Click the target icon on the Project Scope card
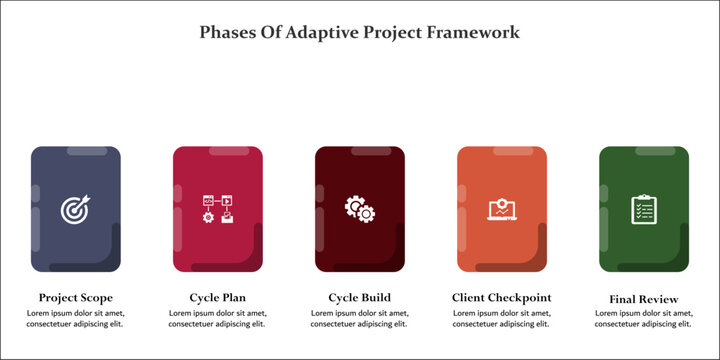(75, 209)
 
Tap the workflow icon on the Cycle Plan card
(218, 209)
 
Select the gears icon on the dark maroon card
(360, 209)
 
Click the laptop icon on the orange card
(502, 209)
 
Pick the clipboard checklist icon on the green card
(643, 209)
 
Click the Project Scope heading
(75, 297)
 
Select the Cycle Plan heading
(218, 297)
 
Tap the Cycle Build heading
(360, 297)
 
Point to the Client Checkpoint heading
(502, 297)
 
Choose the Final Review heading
(644, 299)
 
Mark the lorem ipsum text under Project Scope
(75, 318)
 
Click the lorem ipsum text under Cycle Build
(360, 318)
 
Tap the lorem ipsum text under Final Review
(644, 318)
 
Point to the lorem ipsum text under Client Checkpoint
(502, 318)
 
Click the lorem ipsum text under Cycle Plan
(218, 318)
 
